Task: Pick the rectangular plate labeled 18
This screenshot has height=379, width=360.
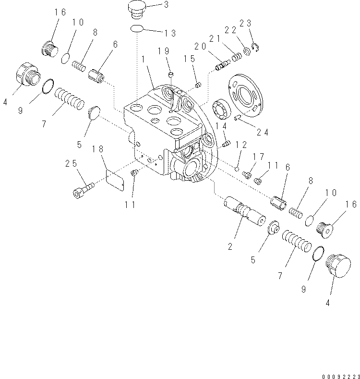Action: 114,180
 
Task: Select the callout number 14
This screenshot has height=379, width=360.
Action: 221,126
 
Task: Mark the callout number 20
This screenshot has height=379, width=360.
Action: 200,46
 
